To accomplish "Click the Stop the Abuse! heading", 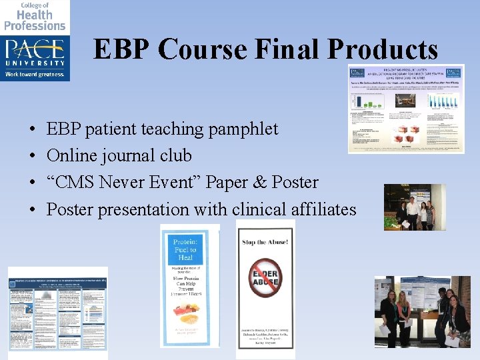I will (265, 242).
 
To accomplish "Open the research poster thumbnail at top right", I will (405, 109).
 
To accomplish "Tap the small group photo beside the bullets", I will (414, 207).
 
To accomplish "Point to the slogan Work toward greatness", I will (35, 74).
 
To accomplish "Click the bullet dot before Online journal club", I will (33, 156).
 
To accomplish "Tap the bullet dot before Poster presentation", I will (33, 210).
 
